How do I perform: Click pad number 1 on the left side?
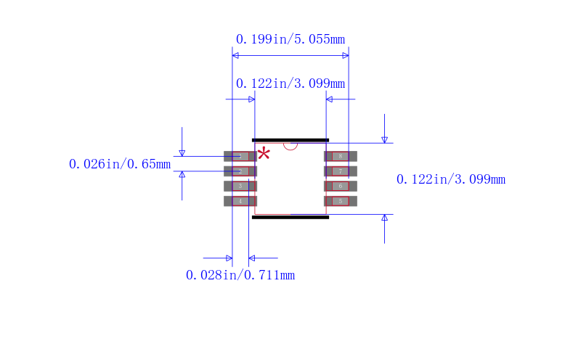point(240,156)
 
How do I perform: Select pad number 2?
point(240,171)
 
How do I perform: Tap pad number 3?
point(240,186)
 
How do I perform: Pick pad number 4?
point(240,201)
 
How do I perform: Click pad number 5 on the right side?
point(340,201)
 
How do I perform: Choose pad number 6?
point(340,186)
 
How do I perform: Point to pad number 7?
point(340,171)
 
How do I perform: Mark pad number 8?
point(340,156)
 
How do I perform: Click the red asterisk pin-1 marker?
point(264,153)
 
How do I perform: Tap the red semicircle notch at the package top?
point(290,145)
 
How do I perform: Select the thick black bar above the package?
point(290,139)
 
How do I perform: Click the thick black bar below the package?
point(290,217)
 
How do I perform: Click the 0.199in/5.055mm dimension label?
point(290,39)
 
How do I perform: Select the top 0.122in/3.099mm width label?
point(290,83)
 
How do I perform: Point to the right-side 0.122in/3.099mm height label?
point(450,179)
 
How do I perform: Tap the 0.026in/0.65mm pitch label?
point(120,164)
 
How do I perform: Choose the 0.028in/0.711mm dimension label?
point(240,275)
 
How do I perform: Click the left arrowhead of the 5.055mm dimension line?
point(235,55)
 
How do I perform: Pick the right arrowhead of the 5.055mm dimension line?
point(346,55)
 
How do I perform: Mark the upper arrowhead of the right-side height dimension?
point(385,139)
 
